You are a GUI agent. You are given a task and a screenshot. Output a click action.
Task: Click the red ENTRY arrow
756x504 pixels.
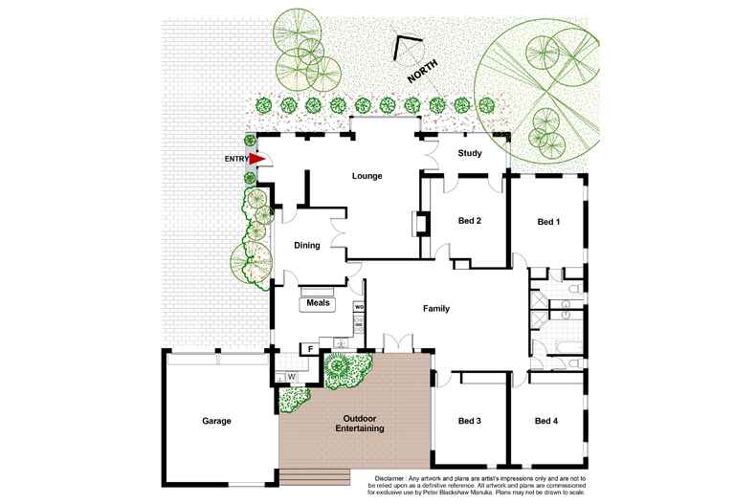tap(256, 159)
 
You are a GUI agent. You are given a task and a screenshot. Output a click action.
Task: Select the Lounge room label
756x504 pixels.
tap(367, 176)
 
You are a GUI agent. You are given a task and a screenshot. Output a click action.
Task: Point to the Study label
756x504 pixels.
tap(469, 153)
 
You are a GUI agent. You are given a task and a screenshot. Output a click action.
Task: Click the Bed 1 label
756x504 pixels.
tap(547, 222)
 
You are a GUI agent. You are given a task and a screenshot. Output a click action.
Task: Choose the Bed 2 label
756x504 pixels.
tap(469, 222)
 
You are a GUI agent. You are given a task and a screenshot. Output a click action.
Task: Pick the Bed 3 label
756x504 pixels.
tap(469, 421)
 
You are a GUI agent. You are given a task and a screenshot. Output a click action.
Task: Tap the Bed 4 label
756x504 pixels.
tap(547, 421)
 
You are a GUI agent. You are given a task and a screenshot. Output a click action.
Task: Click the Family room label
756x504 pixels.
tap(436, 309)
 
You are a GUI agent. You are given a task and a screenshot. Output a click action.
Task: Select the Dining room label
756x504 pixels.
tap(306, 246)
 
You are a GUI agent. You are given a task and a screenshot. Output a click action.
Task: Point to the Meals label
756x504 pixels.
tap(318, 303)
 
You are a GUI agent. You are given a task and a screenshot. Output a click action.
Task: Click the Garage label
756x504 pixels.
tap(216, 421)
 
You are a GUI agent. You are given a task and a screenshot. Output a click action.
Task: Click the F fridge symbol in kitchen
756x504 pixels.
tap(310, 349)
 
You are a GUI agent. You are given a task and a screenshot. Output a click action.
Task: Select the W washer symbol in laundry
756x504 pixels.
tap(292, 376)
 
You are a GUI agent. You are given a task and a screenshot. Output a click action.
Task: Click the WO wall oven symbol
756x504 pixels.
tap(360, 307)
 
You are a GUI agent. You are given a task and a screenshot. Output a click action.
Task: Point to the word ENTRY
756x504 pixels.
tap(235, 159)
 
